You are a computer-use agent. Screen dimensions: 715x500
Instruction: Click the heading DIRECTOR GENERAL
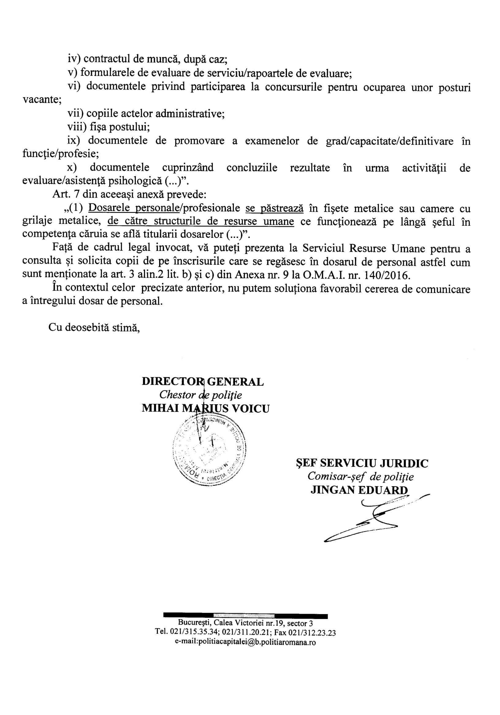tap(203, 382)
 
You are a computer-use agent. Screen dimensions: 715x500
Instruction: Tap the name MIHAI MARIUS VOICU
tap(205, 408)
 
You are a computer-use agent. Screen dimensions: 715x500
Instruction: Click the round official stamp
tap(209, 451)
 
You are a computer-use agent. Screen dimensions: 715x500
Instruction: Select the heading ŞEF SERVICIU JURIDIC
tap(362, 463)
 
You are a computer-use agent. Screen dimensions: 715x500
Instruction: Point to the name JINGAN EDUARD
tap(359, 490)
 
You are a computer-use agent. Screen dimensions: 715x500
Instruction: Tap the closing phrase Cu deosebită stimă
tap(94, 327)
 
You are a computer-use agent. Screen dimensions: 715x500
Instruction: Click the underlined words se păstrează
tap(274, 208)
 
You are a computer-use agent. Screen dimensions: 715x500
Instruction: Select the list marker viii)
tap(77, 127)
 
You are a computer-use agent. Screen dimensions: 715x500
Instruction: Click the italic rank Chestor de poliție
tap(200, 395)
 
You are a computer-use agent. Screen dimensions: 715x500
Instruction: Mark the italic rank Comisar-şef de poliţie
tap(360, 476)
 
